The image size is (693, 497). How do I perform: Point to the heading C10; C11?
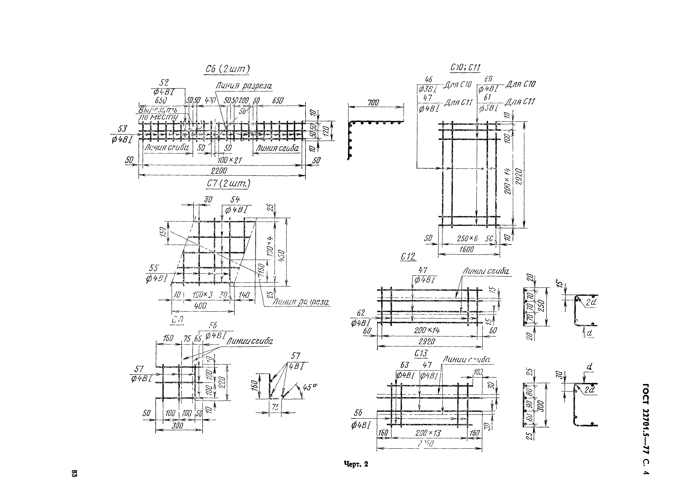coord(465,67)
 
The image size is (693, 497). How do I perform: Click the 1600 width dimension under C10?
coord(466,249)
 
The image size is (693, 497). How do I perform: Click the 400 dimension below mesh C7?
coord(201,305)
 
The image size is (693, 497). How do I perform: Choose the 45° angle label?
coord(309,387)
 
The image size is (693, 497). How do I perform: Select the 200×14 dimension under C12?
coord(427,330)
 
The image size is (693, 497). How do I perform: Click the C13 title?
coord(421,354)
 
